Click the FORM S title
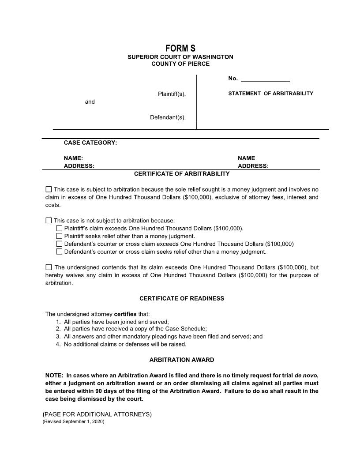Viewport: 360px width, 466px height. point(180,48)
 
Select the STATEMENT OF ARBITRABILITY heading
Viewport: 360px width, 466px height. point(270,94)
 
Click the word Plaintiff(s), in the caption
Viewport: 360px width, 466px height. point(172,94)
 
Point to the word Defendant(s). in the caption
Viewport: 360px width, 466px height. point(168,117)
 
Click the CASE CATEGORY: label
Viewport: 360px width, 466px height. point(90,143)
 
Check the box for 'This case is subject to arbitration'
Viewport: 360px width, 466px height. point(49,189)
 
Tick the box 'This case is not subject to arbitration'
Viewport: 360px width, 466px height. point(49,221)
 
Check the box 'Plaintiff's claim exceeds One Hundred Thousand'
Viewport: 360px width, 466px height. point(59,229)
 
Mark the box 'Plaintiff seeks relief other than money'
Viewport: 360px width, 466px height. point(59,236)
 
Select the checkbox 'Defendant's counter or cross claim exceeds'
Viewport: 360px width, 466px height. point(59,244)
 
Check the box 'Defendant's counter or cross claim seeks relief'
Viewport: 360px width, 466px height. point(59,252)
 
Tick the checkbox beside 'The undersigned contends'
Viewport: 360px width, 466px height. point(49,267)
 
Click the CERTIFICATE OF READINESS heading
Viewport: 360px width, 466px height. point(182,298)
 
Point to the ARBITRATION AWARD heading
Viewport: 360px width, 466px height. point(182,360)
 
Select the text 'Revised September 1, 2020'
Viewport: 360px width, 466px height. point(74,421)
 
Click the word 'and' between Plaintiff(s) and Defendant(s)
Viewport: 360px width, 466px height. point(90,101)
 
